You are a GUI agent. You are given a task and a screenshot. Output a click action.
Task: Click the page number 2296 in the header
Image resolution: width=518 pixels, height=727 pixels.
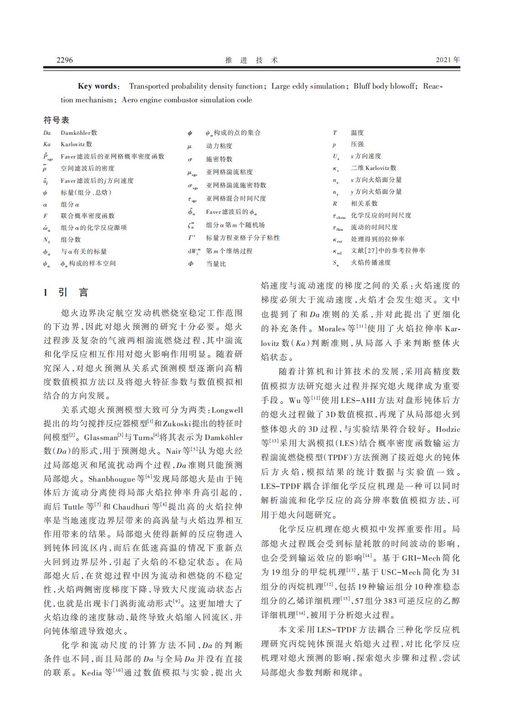[x=64, y=60]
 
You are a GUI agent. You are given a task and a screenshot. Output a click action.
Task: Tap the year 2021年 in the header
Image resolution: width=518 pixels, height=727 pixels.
[x=448, y=60]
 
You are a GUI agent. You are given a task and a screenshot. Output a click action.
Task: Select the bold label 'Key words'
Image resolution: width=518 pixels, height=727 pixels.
[x=98, y=86]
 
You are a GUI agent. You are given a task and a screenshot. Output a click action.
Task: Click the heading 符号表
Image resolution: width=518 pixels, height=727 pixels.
[x=56, y=120]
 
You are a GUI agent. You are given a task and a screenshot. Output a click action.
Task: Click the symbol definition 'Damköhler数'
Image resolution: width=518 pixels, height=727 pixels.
[x=79, y=133]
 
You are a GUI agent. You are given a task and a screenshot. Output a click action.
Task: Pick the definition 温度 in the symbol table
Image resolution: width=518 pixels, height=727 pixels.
[x=357, y=133]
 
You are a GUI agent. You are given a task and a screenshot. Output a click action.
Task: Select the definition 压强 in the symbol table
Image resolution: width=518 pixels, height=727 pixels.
[x=357, y=144]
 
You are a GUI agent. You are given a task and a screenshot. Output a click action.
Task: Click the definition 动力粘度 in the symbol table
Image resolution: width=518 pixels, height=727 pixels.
[x=219, y=146]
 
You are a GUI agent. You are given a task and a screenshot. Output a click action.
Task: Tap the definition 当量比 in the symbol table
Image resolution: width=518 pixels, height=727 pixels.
[x=216, y=264]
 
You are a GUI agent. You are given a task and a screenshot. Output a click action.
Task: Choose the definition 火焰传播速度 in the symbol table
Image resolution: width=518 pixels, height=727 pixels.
[x=371, y=262]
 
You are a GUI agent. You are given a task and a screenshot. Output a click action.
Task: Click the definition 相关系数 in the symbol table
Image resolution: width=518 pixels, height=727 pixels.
[x=364, y=203]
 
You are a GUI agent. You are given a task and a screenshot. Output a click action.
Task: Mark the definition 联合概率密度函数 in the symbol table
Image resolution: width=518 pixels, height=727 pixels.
[x=88, y=216]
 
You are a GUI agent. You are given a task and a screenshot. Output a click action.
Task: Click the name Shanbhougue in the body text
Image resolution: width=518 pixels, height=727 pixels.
[x=110, y=479]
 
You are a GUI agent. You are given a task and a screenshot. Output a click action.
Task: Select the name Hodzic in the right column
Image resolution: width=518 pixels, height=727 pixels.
[x=448, y=430]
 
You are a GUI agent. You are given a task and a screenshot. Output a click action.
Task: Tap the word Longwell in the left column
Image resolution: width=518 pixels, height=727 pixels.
[x=227, y=409]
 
